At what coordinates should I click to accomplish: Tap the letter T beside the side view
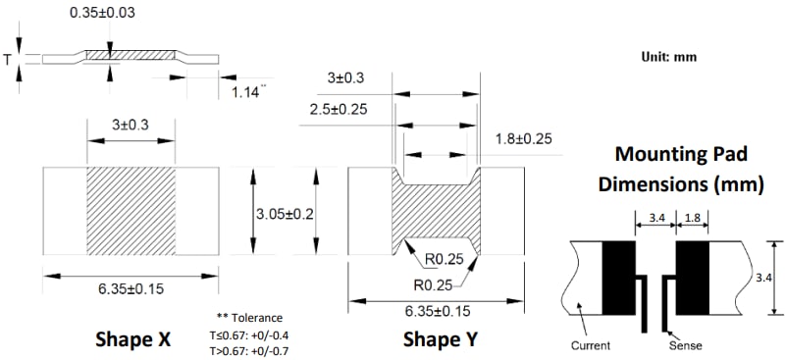(10, 60)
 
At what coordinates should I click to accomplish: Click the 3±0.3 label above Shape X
(131, 126)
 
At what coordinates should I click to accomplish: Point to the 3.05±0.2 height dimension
(286, 213)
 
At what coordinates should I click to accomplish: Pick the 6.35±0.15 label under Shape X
(131, 291)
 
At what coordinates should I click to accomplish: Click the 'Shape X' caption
(132, 339)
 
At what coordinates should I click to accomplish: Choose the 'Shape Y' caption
(442, 339)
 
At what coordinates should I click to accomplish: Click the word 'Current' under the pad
(591, 345)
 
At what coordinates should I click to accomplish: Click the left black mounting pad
(618, 277)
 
